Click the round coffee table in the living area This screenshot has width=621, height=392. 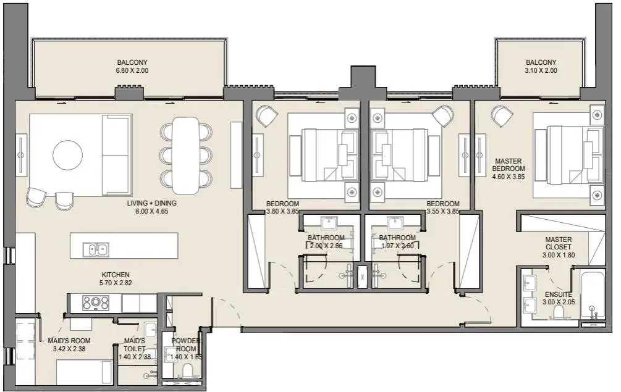68,155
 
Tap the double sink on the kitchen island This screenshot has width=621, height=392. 96,249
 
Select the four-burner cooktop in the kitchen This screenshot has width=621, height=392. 95,303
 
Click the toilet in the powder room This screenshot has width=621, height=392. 187,371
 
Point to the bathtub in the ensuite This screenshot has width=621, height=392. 593,294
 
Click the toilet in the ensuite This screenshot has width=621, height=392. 559,313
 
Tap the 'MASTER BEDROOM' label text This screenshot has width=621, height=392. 508,165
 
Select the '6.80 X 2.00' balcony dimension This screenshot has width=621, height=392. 132,70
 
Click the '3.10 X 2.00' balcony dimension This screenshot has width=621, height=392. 541,70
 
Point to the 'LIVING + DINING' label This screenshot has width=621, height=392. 151,203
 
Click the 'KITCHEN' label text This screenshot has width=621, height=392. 116,275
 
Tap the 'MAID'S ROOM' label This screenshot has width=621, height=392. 69,341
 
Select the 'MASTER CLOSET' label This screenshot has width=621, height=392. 559,243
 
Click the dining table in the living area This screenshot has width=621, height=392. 186,156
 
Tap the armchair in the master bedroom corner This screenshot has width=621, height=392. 502,115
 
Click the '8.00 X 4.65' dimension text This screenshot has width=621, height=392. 151,211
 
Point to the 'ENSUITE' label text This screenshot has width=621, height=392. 559,294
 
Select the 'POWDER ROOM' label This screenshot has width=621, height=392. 186,345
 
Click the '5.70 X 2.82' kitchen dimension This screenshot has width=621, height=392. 116,283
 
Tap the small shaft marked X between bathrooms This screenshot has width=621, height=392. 362,277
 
